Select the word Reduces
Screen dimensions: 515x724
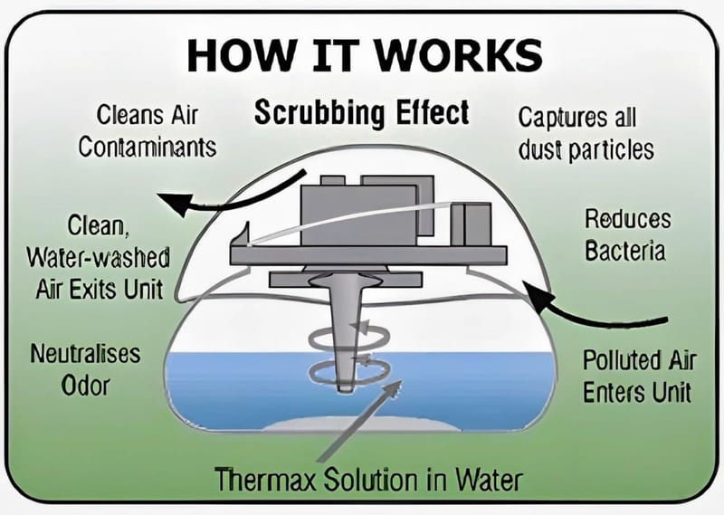pyautogui.click(x=627, y=220)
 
